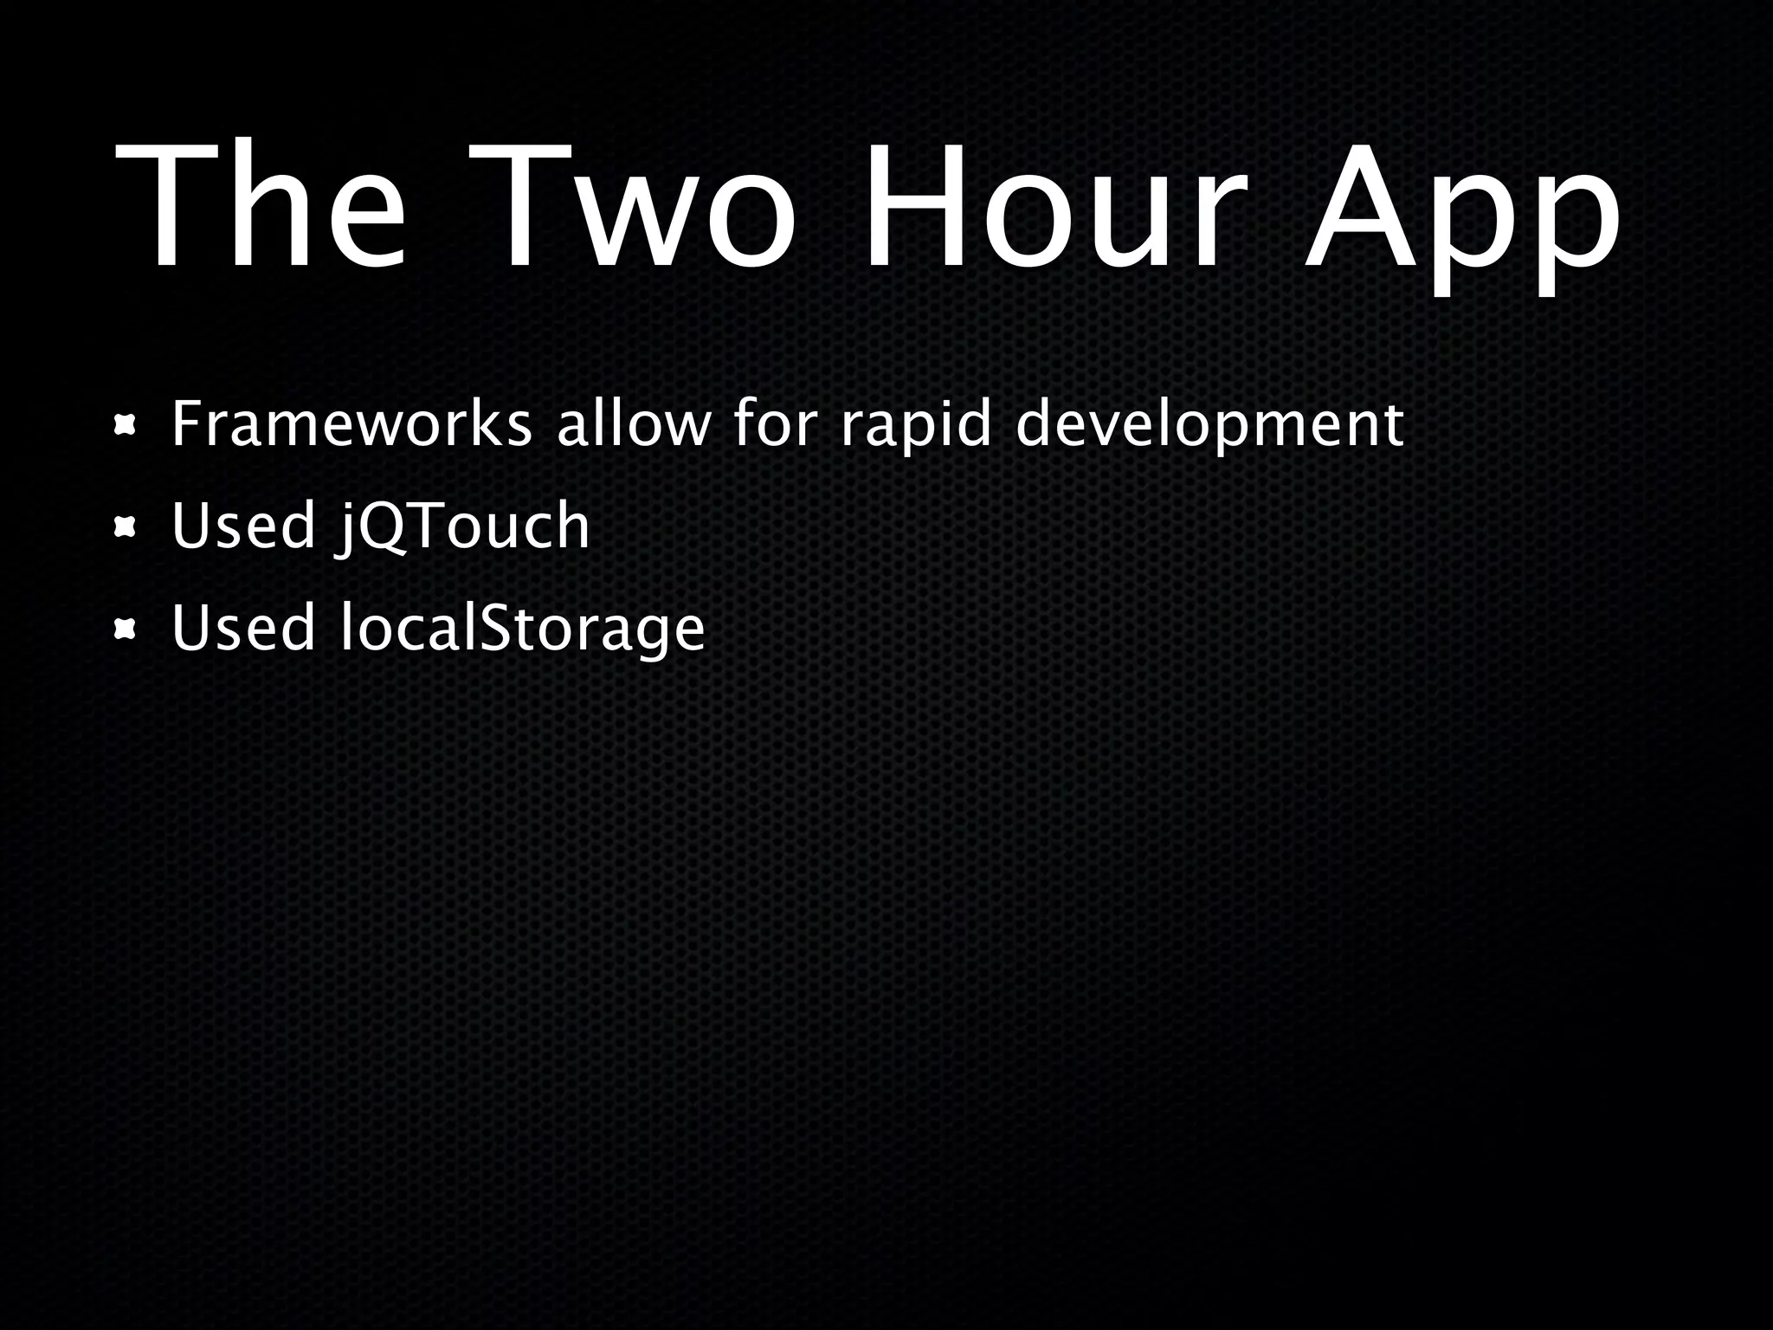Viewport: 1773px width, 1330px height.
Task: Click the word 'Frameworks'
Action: [x=351, y=424]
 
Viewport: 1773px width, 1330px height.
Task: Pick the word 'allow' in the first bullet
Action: [x=633, y=424]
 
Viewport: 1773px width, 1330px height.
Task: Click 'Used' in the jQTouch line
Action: [x=243, y=526]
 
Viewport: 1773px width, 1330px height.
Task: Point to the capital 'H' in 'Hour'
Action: [x=912, y=208]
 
